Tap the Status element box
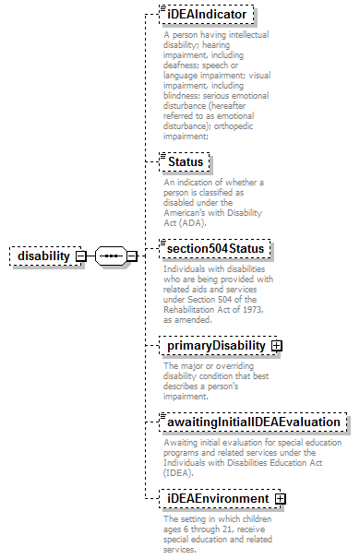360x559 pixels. (185, 162)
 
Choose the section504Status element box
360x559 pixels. (214, 249)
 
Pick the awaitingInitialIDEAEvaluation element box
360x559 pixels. (253, 422)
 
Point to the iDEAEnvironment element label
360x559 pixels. (217, 499)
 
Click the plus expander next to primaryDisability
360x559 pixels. (276, 345)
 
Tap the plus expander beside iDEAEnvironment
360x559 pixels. (280, 499)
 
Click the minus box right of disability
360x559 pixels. (80, 256)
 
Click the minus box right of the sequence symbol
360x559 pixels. (131, 256)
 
